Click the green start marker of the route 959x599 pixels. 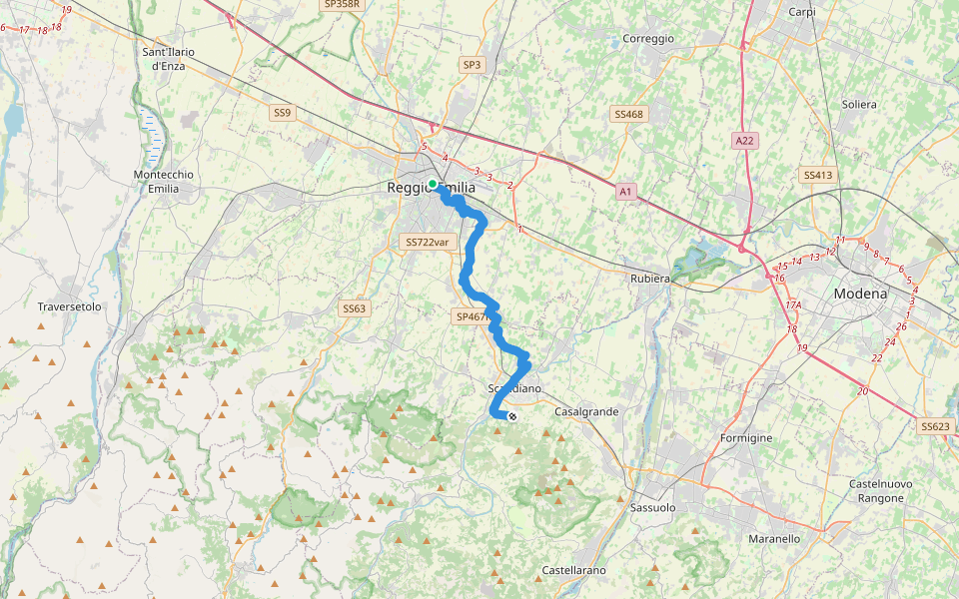(433, 184)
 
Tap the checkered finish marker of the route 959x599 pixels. (512, 416)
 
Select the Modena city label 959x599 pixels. (860, 295)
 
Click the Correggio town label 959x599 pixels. (648, 38)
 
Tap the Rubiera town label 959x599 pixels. (649, 279)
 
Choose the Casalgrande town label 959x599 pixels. (586, 411)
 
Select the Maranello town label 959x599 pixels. (774, 538)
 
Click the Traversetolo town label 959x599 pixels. (70, 306)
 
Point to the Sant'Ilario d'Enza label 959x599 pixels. (170, 58)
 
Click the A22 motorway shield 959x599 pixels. (743, 141)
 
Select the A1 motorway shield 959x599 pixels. (626, 191)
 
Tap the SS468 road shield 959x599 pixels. (629, 115)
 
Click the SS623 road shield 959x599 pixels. (935, 426)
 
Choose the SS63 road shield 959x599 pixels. (355, 308)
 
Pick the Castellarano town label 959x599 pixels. (573, 570)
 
